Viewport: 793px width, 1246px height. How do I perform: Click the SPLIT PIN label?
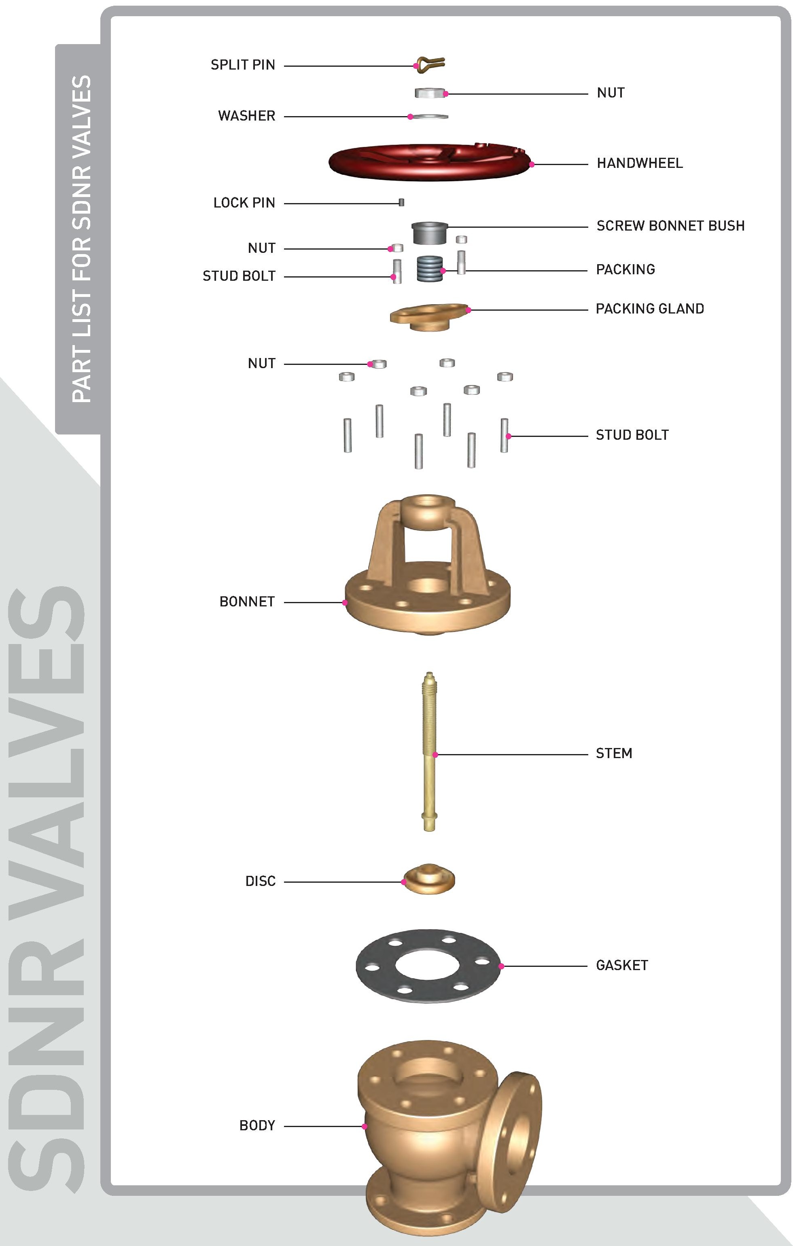(x=242, y=65)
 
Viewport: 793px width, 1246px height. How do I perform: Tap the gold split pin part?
(x=430, y=63)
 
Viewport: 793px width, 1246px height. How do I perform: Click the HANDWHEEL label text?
(x=639, y=163)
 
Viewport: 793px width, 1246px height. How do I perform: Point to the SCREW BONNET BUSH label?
(x=670, y=226)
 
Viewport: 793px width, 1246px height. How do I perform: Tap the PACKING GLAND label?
(x=650, y=309)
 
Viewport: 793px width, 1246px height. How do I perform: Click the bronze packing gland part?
(x=428, y=317)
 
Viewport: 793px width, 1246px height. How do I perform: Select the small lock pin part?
(x=401, y=202)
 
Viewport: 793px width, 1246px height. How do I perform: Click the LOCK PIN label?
(x=244, y=203)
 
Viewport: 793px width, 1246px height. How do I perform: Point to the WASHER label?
(x=246, y=116)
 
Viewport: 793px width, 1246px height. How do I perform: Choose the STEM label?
(x=614, y=753)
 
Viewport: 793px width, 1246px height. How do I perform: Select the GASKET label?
(x=622, y=965)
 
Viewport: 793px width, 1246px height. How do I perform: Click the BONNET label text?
(x=247, y=602)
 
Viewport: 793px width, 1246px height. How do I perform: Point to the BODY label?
(x=257, y=1125)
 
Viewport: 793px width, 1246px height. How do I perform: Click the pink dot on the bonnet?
(x=345, y=602)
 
